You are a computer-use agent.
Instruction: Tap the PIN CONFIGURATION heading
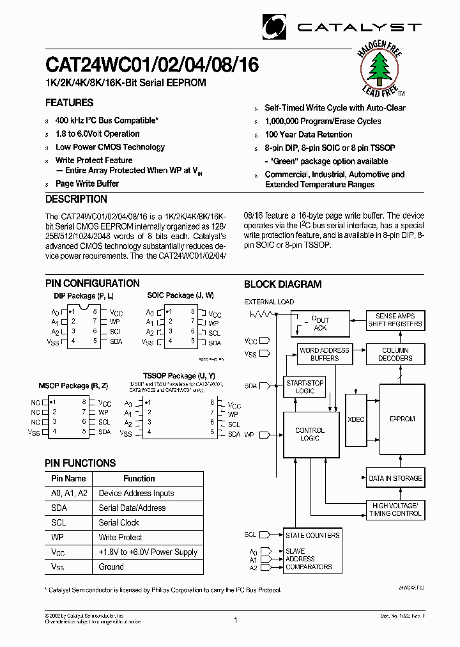point(93,283)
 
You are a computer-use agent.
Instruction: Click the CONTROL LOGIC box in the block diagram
point(310,435)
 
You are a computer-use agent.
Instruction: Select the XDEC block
point(356,419)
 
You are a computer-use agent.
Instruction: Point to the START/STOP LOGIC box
point(305,387)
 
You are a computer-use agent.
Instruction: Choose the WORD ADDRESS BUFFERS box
point(324,354)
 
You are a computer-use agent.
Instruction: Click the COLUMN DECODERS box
point(396,354)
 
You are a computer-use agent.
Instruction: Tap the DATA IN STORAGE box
point(395,478)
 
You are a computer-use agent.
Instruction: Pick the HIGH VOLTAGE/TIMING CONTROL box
point(395,510)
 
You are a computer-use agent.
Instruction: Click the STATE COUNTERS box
point(312,535)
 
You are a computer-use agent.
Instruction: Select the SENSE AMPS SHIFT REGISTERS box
point(395,320)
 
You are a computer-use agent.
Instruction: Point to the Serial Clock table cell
point(119,522)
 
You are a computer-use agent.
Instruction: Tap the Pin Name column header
point(68,478)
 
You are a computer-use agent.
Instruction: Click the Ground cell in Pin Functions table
point(111,566)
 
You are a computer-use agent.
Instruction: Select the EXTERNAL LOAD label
point(269,302)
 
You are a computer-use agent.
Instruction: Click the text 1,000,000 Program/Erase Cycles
point(323,121)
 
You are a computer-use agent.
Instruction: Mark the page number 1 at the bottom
point(236,620)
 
